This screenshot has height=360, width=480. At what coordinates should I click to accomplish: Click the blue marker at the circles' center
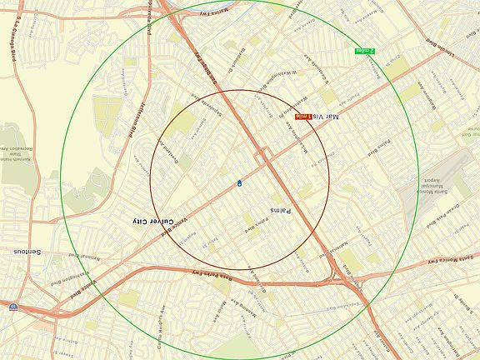pos(240,181)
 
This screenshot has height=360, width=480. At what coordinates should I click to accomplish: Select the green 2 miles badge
pos(365,50)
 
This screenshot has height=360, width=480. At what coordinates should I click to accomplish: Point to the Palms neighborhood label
pos(278,210)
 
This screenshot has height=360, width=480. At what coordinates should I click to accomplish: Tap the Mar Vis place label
pos(327,117)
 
